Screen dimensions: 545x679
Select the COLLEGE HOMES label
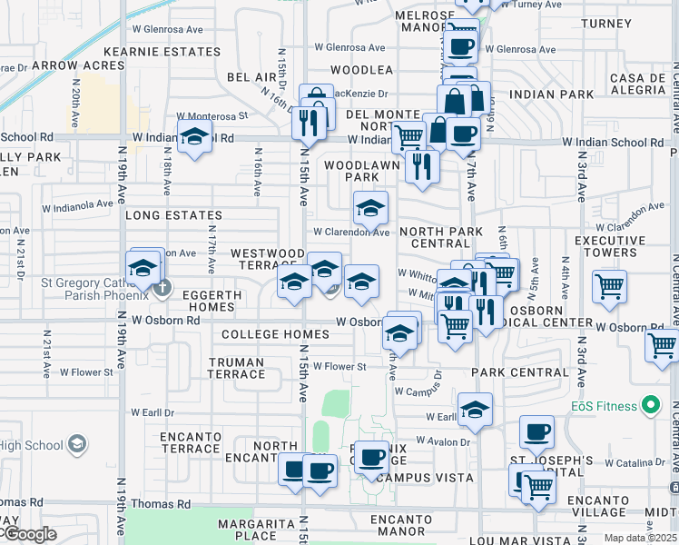pyautogui.click(x=262, y=334)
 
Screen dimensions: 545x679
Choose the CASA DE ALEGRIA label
pyautogui.click(x=638, y=84)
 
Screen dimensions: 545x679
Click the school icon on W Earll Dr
pyautogui.click(x=475, y=411)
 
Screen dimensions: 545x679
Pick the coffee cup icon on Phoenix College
pyautogui.click(x=370, y=457)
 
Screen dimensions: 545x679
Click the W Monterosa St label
pyautogui.click(x=212, y=116)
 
